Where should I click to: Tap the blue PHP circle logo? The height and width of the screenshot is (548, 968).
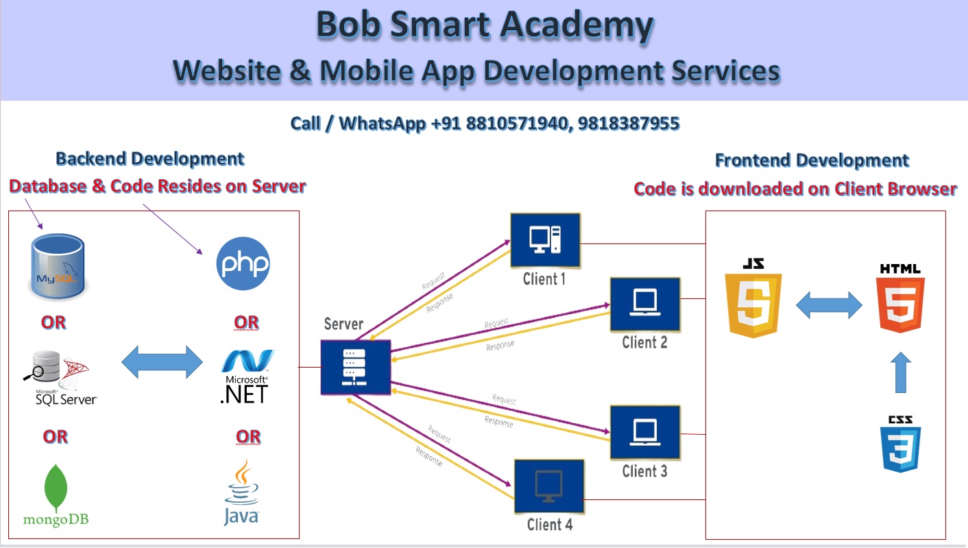pos(243,263)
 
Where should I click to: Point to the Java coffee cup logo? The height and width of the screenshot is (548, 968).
pos(241,493)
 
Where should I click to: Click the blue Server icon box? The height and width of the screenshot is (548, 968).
pos(355,367)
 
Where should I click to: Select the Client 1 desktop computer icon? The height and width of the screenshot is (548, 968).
pos(545,240)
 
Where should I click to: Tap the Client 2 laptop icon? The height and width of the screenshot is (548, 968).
pos(644,302)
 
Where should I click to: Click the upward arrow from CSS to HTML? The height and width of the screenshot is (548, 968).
pos(902,373)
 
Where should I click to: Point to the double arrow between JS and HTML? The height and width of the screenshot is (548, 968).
pos(828,305)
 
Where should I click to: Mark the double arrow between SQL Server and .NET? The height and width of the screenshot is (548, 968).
pos(162,361)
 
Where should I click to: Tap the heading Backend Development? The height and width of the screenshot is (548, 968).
pos(149,159)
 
